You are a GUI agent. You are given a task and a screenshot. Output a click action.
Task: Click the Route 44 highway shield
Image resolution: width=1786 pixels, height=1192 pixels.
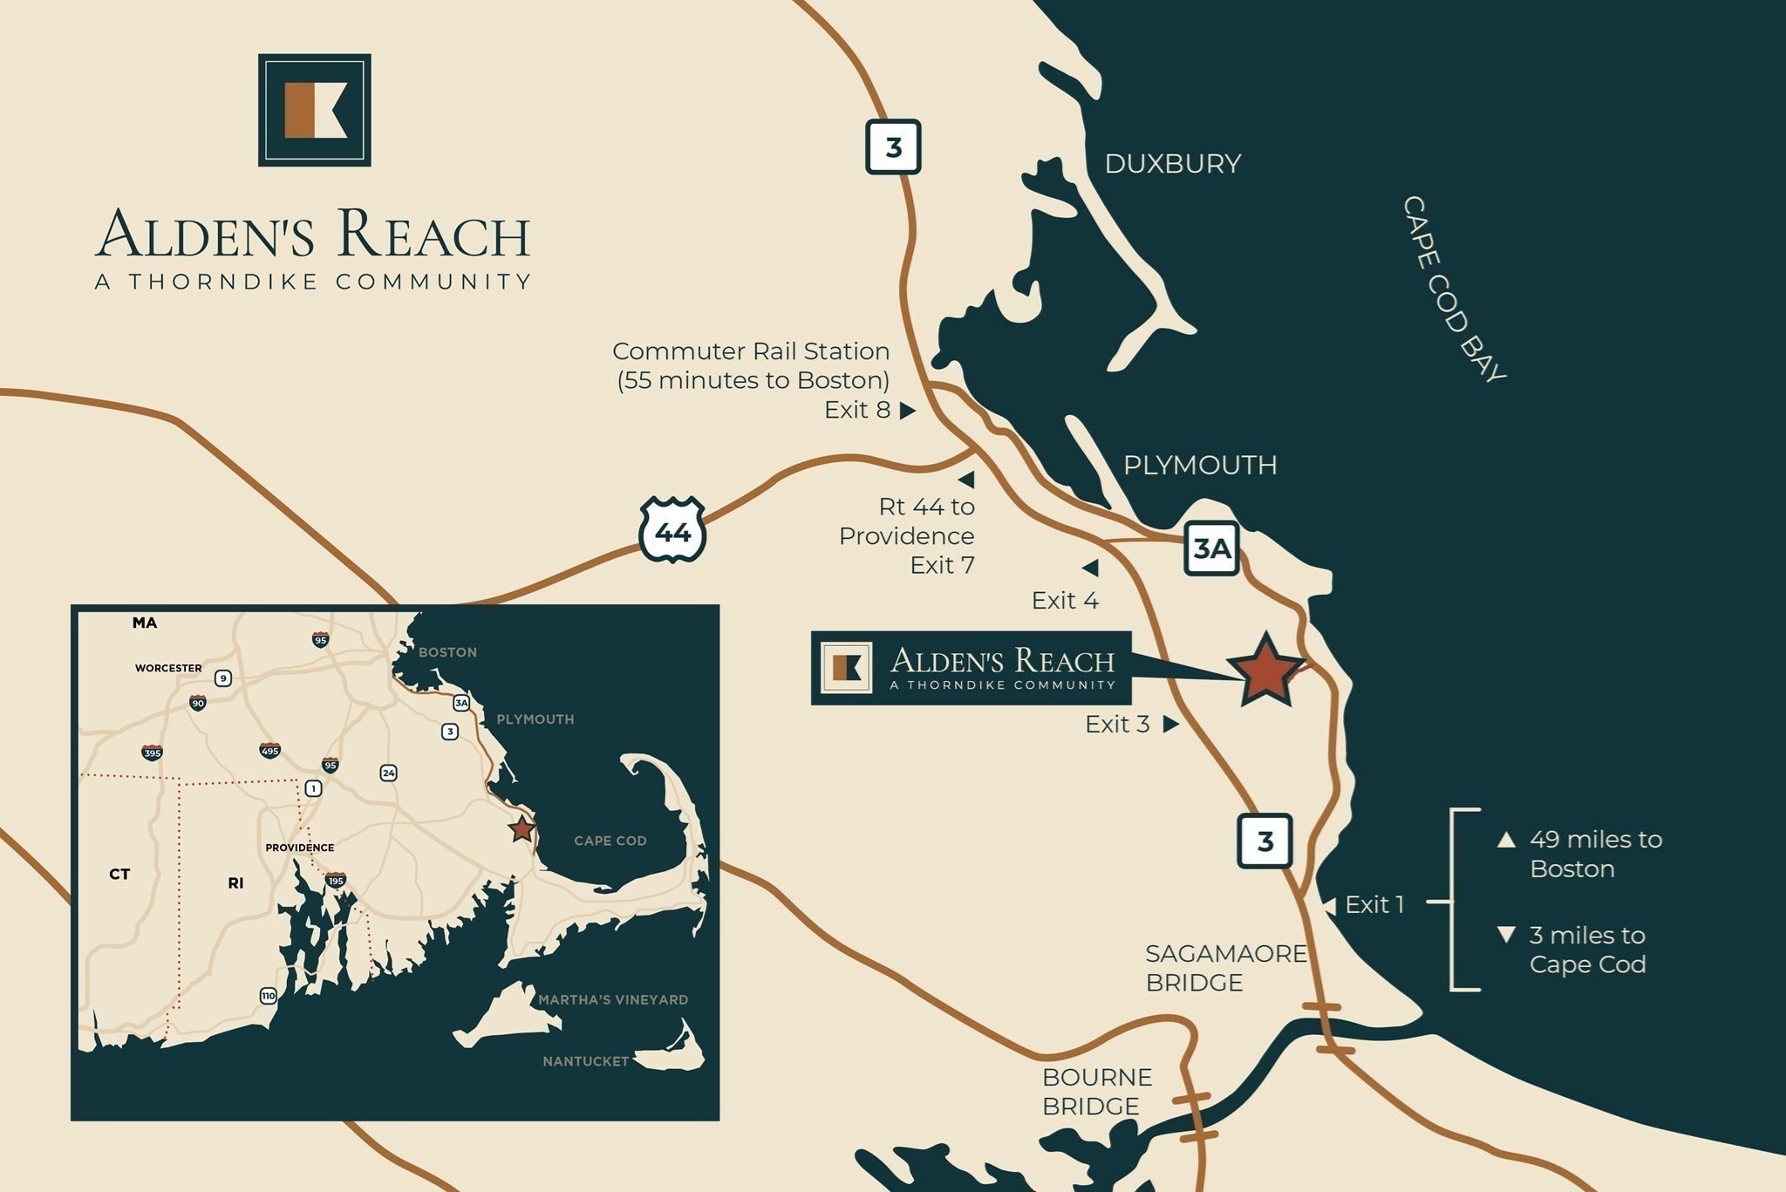pyautogui.click(x=672, y=530)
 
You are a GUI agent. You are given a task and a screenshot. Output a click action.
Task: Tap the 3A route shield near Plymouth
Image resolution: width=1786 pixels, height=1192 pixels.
pyautogui.click(x=1212, y=548)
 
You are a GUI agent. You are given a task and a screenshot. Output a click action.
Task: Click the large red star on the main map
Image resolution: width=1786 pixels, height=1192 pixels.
pyautogui.click(x=1265, y=670)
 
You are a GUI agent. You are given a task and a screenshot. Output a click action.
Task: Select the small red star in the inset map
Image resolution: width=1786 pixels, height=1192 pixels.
pyautogui.click(x=521, y=828)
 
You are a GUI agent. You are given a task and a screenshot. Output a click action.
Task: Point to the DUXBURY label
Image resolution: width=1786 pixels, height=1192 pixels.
pyautogui.click(x=1172, y=164)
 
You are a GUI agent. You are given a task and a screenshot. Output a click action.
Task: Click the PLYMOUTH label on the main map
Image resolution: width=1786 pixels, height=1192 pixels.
pyautogui.click(x=1200, y=465)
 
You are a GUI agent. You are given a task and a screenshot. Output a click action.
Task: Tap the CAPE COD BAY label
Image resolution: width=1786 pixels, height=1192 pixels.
pyautogui.click(x=1454, y=289)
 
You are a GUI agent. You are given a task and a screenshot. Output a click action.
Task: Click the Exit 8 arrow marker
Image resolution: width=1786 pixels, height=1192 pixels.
pyautogui.click(x=908, y=410)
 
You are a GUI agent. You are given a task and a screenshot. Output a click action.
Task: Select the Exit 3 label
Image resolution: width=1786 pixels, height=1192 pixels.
pyautogui.click(x=1117, y=725)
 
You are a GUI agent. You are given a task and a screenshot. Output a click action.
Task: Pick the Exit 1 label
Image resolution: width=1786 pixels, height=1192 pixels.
pyautogui.click(x=1374, y=905)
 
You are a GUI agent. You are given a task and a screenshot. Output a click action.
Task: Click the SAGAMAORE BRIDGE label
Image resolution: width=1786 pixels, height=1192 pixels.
pyautogui.click(x=1225, y=968)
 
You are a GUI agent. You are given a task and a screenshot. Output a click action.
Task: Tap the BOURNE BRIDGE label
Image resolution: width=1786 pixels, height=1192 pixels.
pyautogui.click(x=1096, y=1092)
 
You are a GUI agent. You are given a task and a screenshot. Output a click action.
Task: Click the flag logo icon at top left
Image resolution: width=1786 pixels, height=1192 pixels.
pyautogui.click(x=315, y=110)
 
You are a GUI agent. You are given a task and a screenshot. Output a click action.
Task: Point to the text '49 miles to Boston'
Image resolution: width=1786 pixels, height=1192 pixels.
pyautogui.click(x=1595, y=854)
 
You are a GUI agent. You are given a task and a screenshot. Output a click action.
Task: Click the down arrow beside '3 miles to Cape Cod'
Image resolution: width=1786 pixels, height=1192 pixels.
pyautogui.click(x=1506, y=935)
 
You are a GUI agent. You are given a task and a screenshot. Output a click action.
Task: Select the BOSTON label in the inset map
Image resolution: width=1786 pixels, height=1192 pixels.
pyautogui.click(x=447, y=652)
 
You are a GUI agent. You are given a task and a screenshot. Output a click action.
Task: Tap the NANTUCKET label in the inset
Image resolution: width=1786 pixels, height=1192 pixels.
pyautogui.click(x=585, y=1061)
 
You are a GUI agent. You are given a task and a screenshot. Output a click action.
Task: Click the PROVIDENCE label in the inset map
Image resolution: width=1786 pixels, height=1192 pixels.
pyautogui.click(x=299, y=848)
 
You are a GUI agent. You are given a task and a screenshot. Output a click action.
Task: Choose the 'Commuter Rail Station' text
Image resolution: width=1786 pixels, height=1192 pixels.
pyautogui.click(x=751, y=351)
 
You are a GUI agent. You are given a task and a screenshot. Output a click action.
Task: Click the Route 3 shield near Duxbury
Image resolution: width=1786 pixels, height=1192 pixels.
pyautogui.click(x=893, y=147)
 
